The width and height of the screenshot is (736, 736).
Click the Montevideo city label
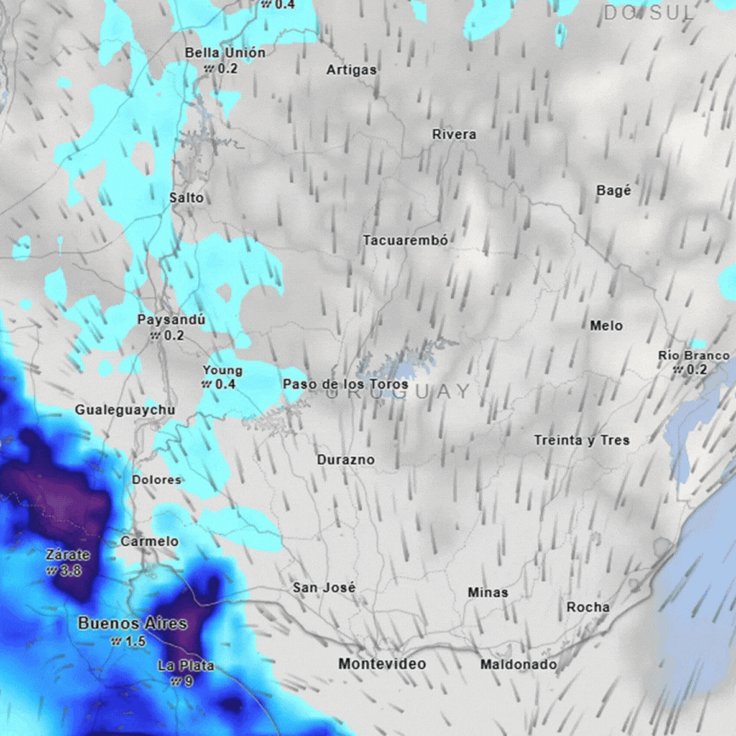[x=382, y=664]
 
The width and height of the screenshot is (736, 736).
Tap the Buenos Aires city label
[x=132, y=624]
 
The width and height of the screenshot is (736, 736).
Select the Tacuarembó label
[x=405, y=241]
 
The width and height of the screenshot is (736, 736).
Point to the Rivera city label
[x=454, y=135]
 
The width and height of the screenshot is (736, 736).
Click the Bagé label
[x=613, y=191]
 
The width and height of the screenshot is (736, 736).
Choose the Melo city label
[x=606, y=325]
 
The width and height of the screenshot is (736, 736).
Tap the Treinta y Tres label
[x=582, y=440]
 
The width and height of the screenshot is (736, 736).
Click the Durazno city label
[x=345, y=460]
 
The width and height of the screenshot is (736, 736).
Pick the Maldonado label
[x=518, y=664]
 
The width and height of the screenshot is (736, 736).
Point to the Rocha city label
[x=588, y=607]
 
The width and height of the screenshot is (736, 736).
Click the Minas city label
[x=487, y=592]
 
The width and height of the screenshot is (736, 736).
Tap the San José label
[x=324, y=588]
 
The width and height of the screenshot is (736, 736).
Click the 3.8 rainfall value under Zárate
[x=71, y=570]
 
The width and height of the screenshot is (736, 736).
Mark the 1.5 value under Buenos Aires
[x=135, y=641]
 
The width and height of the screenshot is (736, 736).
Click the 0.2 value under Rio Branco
[x=697, y=370]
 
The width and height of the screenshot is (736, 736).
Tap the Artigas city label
[x=351, y=70]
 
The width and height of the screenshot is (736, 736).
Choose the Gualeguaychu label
[x=124, y=410]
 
